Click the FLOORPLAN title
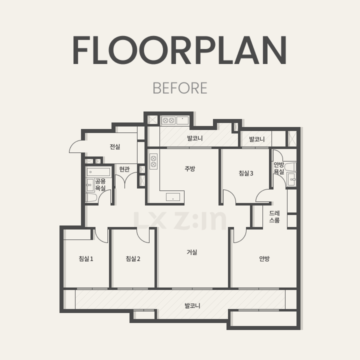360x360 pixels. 180,50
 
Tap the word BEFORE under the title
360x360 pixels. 180,88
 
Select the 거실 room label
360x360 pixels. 192,252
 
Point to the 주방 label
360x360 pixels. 190,169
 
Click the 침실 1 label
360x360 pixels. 86,259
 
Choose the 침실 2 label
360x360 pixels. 133,259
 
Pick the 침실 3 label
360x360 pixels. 246,173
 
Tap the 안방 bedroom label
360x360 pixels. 264,259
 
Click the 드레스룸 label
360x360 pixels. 274,216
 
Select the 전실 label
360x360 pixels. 115,146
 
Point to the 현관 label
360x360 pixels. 124,169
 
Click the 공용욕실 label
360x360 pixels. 100,185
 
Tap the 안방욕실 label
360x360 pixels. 278,168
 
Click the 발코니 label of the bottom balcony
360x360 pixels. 192,305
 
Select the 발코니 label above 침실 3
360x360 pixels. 257,139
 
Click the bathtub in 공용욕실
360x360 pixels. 98,171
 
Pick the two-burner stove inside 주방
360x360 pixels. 153,161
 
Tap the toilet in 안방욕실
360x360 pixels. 290,167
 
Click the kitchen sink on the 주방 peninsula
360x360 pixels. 173,197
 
